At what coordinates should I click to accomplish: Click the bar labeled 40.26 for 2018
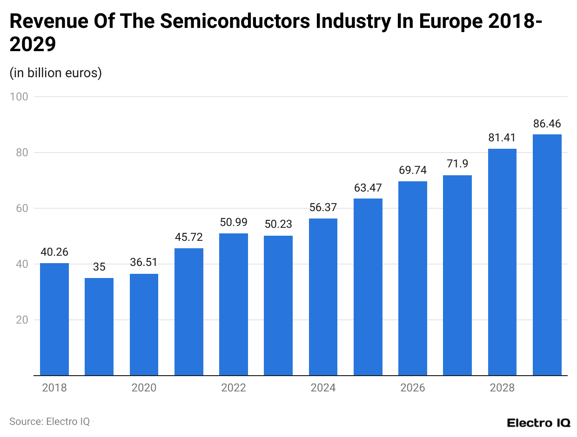point(54,319)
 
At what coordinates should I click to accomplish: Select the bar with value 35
point(99,326)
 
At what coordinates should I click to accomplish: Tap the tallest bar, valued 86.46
point(547,255)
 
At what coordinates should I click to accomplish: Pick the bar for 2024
point(323,297)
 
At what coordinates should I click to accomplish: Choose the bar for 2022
point(234,304)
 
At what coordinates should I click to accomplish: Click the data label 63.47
point(368,188)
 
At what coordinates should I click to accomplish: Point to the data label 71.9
point(457,164)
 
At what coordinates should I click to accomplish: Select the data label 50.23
point(278,224)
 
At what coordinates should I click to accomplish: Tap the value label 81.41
point(502,138)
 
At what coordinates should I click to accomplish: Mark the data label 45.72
point(188,237)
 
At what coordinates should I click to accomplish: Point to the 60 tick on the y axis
point(21,208)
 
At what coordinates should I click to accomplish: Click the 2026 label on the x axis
point(412,388)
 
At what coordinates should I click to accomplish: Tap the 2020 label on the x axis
point(144,388)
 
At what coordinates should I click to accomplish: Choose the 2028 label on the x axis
point(502,388)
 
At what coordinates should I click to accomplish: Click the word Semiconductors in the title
point(195,21)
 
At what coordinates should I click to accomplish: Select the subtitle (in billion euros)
point(55,73)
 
